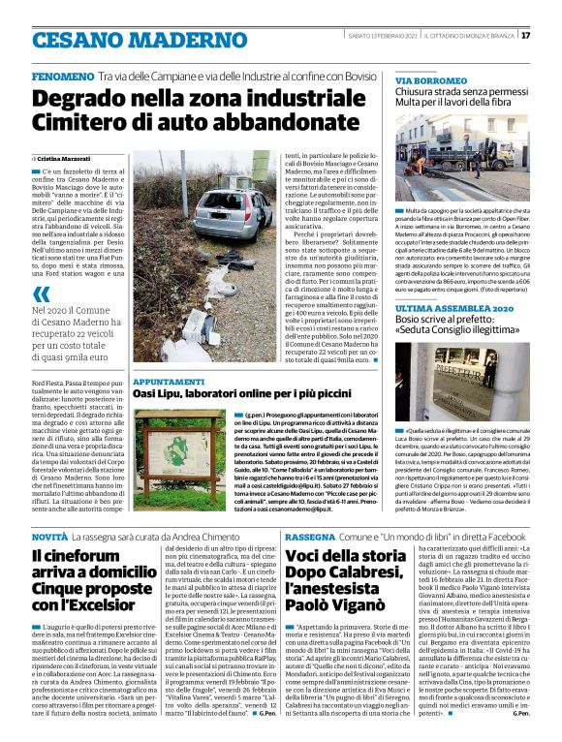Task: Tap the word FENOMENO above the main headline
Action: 63,75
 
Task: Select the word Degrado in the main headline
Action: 82,98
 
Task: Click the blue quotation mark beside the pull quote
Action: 40,294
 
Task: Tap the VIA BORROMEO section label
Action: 424,78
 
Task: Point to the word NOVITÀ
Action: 49,536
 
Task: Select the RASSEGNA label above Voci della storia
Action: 310,536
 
